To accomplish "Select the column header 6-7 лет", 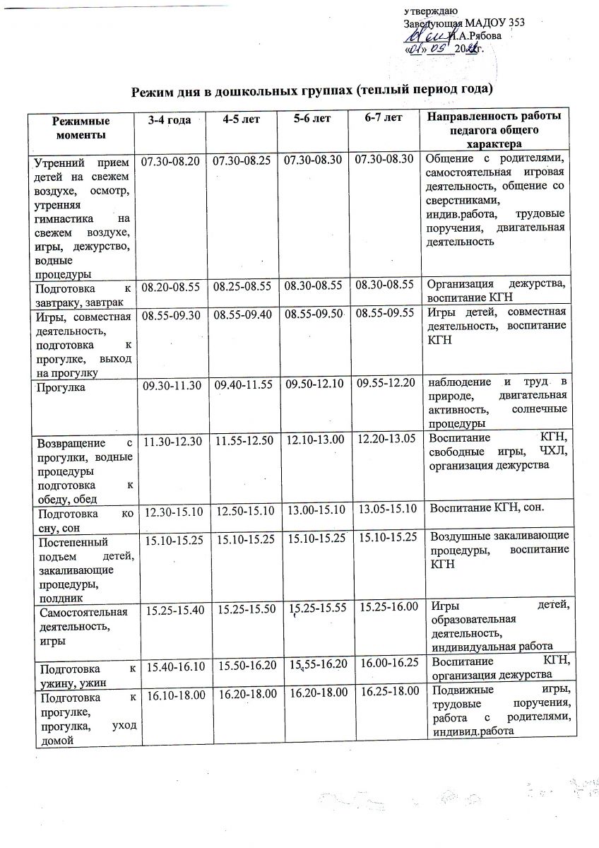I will coord(384,118).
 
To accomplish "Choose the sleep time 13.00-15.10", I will coord(315,509).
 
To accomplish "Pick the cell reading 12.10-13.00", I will coord(314,440).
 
